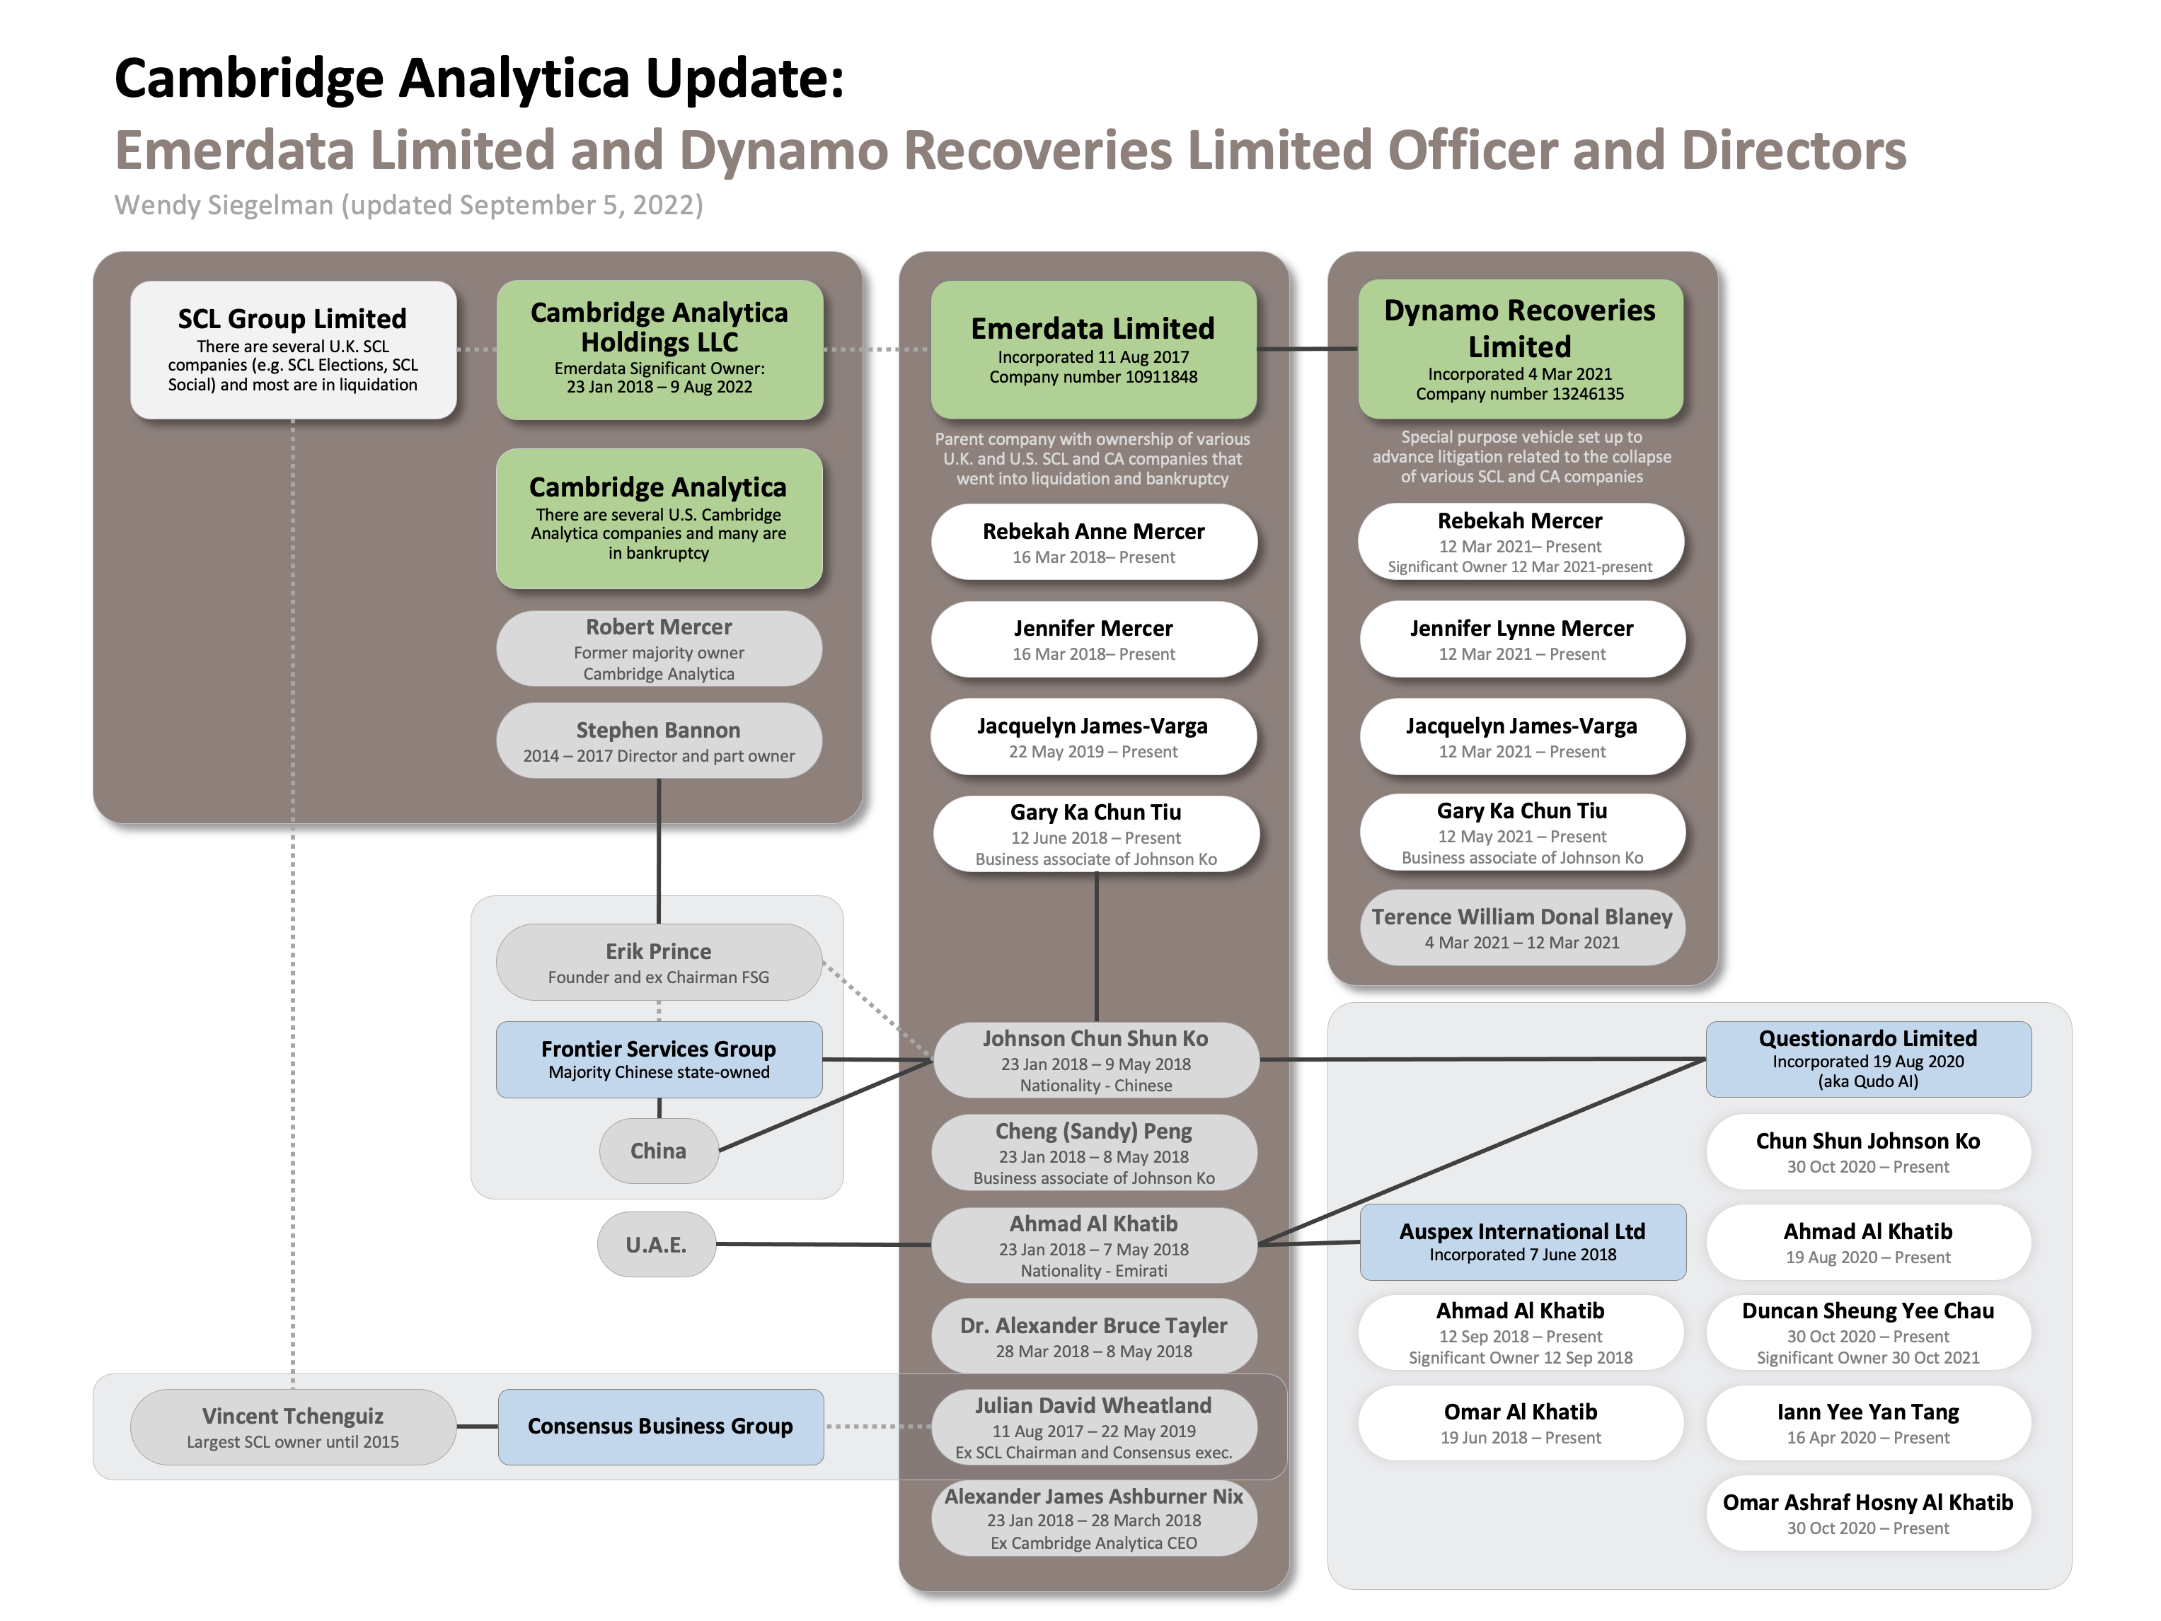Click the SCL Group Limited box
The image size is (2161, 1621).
[x=293, y=349]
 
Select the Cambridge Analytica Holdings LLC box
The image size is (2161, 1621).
[x=659, y=349]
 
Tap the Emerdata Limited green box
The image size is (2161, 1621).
[x=1093, y=349]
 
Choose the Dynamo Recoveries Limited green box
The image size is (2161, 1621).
[x=1520, y=349]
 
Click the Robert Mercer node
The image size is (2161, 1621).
[x=659, y=649]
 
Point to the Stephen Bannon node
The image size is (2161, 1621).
[x=659, y=741]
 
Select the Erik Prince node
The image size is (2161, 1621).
[x=659, y=962]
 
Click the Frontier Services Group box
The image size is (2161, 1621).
[x=659, y=1059]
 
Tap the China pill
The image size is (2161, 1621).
[x=659, y=1150]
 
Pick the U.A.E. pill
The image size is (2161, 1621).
[x=657, y=1244]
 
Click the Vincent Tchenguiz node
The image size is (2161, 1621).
[x=293, y=1427]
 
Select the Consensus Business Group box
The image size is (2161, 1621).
[x=660, y=1427]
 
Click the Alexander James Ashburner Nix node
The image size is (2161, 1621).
[x=1093, y=1518]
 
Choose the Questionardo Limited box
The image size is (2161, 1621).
[x=1868, y=1059]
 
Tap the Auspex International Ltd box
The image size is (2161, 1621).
[x=1522, y=1242]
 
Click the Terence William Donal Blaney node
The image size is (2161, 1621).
[x=1522, y=928]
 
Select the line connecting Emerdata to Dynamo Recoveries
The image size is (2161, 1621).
[x=1307, y=349]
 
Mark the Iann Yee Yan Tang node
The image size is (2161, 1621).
[x=1868, y=1423]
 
